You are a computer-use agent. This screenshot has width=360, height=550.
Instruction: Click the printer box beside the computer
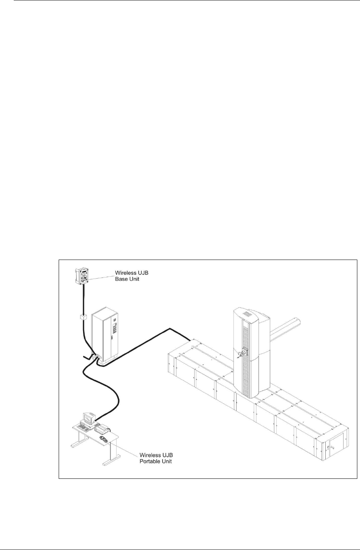pos(102,429)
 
